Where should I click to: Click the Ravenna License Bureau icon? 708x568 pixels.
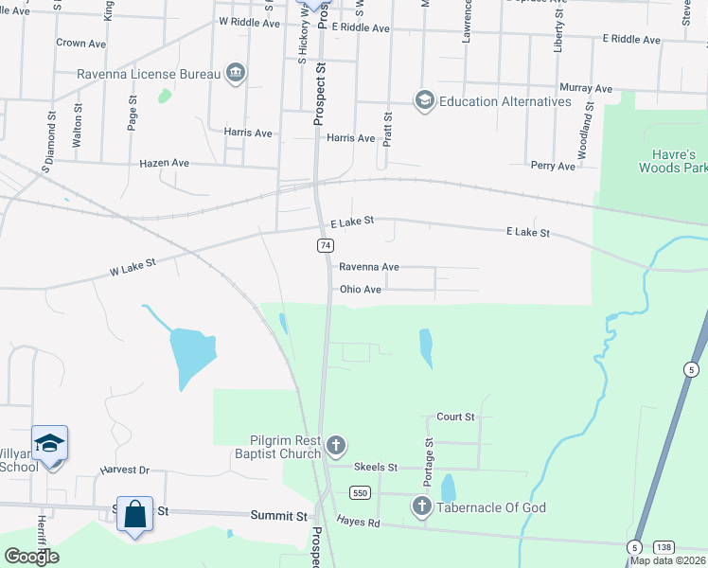click(x=236, y=73)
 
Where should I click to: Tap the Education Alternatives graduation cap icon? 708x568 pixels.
click(x=424, y=100)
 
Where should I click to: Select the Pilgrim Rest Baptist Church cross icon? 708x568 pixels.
click(x=335, y=445)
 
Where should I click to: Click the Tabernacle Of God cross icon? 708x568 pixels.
click(x=422, y=507)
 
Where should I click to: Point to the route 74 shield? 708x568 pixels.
click(x=324, y=245)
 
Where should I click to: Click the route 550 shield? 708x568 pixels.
click(x=358, y=493)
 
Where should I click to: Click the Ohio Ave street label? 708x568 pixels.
click(x=360, y=290)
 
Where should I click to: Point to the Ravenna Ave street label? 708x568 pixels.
click(x=369, y=267)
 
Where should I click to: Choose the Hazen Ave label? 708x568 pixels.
click(x=165, y=163)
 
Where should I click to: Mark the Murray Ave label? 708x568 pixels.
click(x=586, y=88)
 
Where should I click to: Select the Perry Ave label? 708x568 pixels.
click(x=553, y=166)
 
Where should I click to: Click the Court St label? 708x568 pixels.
click(x=455, y=417)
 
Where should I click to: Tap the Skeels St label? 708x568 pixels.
click(x=375, y=468)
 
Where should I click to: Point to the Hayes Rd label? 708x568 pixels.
click(x=358, y=522)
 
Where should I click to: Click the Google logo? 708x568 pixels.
click(x=31, y=557)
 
